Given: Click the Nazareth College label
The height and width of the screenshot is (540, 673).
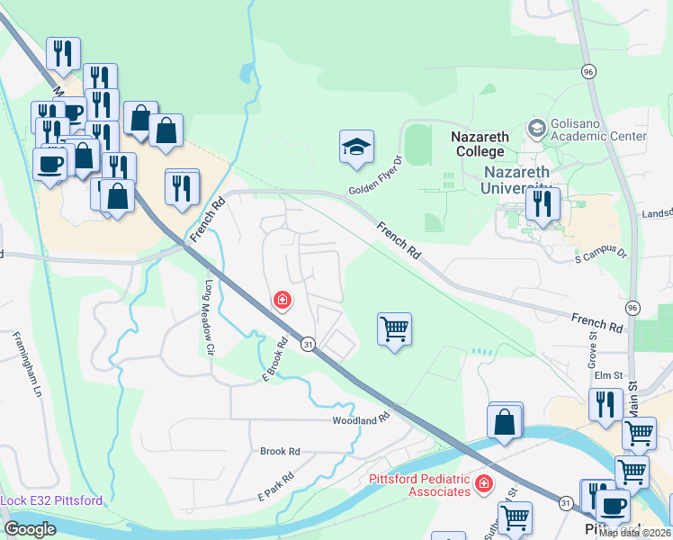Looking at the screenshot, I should [480, 144].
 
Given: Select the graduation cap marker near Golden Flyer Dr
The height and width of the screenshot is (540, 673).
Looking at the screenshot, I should [356, 148].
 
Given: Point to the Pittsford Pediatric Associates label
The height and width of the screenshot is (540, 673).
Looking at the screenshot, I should [420, 485].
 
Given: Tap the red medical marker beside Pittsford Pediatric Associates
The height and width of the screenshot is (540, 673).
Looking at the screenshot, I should [484, 485].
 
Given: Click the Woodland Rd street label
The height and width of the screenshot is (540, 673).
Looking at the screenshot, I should [360, 420].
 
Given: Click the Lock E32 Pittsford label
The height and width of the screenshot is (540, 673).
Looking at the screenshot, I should [51, 500].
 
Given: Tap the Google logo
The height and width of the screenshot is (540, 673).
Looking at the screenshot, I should [30, 529].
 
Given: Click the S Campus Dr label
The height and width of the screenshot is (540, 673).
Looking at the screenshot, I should [600, 255].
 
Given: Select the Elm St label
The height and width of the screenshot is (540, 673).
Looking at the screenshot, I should [609, 373].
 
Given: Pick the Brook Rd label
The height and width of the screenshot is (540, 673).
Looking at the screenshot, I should [279, 451].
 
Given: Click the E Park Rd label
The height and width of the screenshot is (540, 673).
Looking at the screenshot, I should [276, 486].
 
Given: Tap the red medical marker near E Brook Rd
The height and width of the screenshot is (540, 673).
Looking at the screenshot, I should [283, 300].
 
